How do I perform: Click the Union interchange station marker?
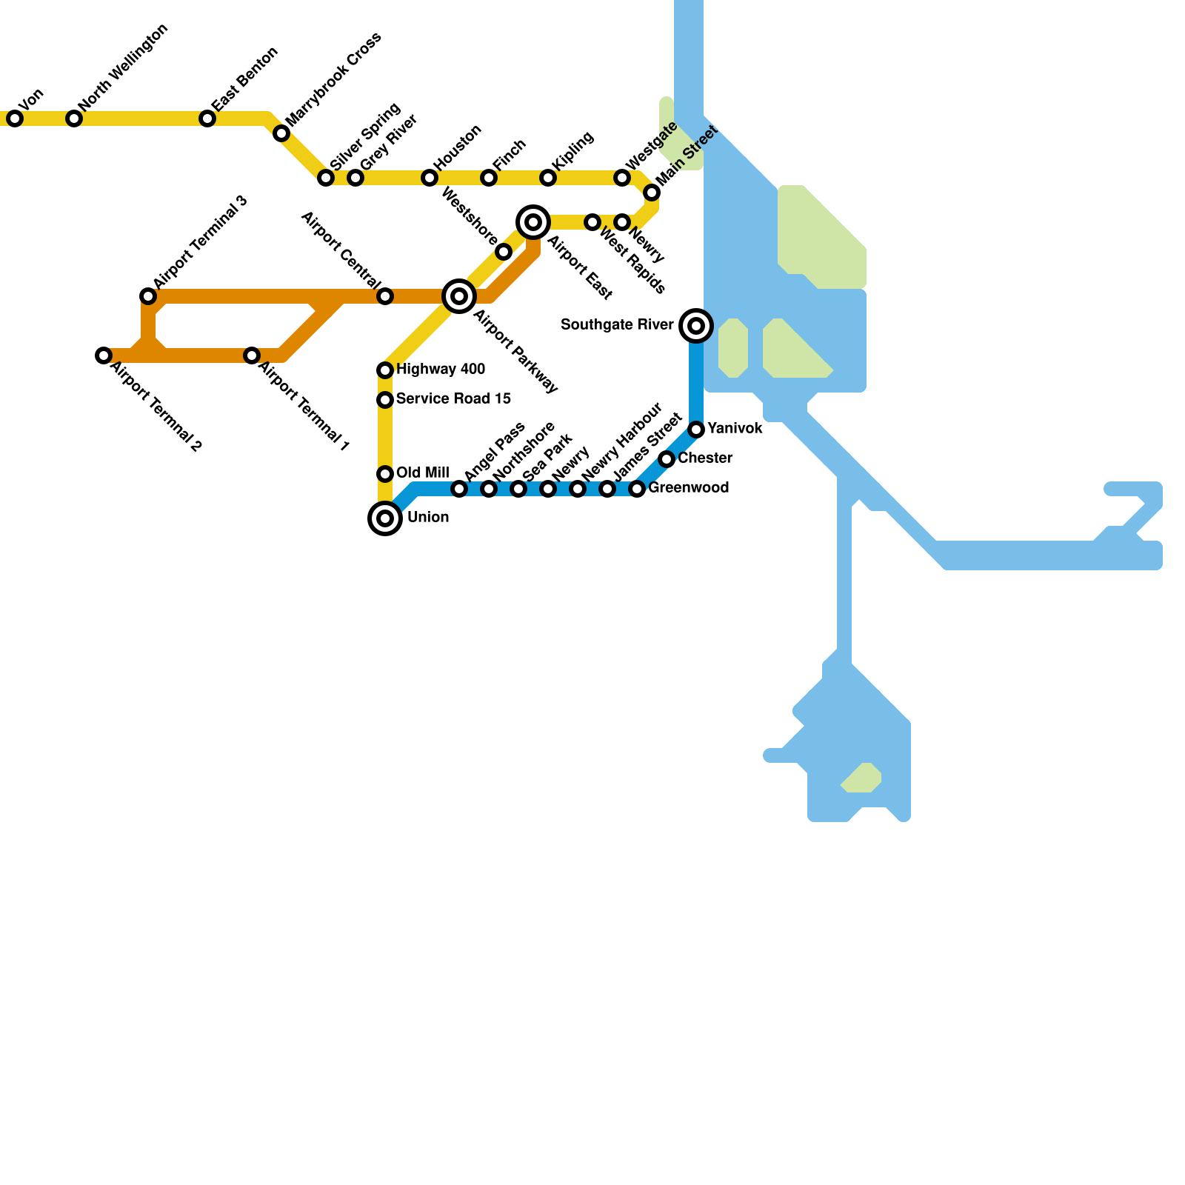point(385,518)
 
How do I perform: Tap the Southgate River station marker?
point(696,326)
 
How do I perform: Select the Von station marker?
point(15,118)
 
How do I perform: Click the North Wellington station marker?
point(74,118)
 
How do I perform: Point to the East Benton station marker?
point(207,118)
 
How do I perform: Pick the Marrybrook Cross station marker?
point(281,133)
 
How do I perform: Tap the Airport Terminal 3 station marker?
point(148,296)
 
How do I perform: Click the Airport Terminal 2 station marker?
point(104,355)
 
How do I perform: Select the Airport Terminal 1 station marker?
point(252,355)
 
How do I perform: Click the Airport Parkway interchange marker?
point(459,296)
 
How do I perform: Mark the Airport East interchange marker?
point(533,222)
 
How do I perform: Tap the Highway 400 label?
point(441,370)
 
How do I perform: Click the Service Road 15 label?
point(453,399)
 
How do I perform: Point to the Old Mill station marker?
point(385,474)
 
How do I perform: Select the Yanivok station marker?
point(696,430)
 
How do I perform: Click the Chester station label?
point(705,458)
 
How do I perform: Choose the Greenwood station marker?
point(637,489)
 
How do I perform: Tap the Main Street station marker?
point(652,193)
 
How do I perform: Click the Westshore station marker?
point(504,253)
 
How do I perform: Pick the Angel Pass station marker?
point(459,489)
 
